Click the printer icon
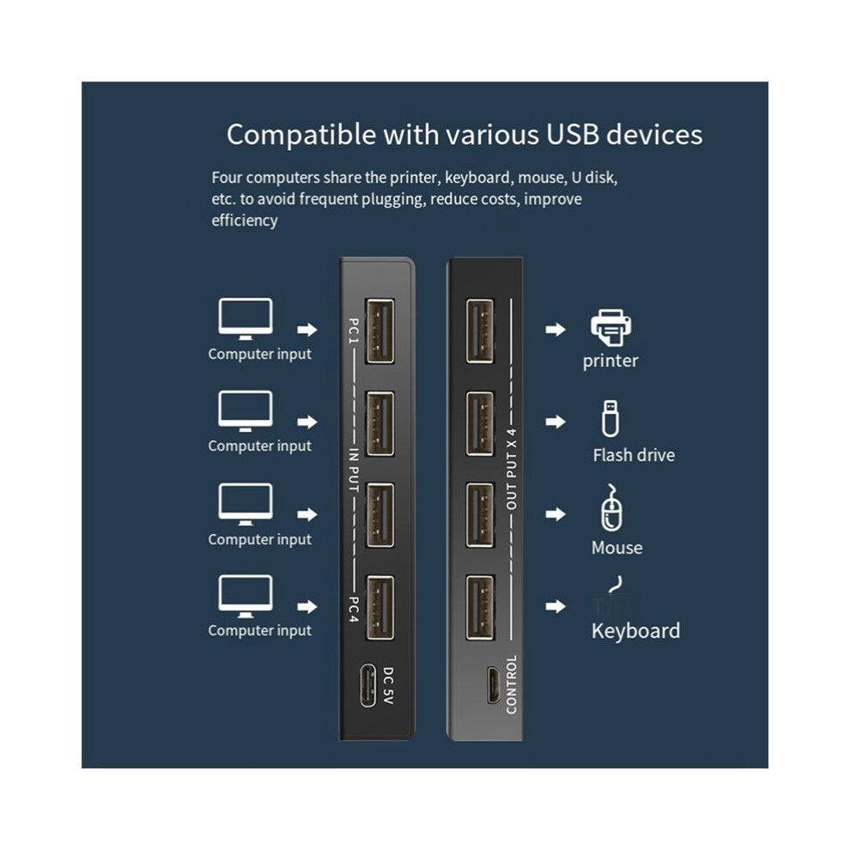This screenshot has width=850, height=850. pos(611,327)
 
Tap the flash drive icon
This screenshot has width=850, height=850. pos(610,418)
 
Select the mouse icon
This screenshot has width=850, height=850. pos(611,508)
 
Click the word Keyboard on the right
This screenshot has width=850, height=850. pos(635,631)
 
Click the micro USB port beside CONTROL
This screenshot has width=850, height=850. pos(492,684)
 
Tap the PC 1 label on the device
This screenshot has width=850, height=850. pos(354,331)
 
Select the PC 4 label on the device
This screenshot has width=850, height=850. pos(354,610)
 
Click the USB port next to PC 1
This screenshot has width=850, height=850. pos(380,331)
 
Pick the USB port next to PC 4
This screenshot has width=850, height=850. pos(380,608)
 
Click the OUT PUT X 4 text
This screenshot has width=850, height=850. pos(511,469)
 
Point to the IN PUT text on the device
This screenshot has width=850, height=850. pos(354,470)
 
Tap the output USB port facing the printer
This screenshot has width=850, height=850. pos(480,331)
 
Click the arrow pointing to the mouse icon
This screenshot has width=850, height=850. pos(556,514)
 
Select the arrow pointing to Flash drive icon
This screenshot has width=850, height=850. pos(556,422)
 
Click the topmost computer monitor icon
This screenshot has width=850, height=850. pos(245,319)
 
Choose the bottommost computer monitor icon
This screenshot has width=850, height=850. pos(245,596)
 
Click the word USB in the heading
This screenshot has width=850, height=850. pos(572,135)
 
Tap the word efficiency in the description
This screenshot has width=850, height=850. pos(245,221)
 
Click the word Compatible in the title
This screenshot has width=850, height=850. pos(301,135)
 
